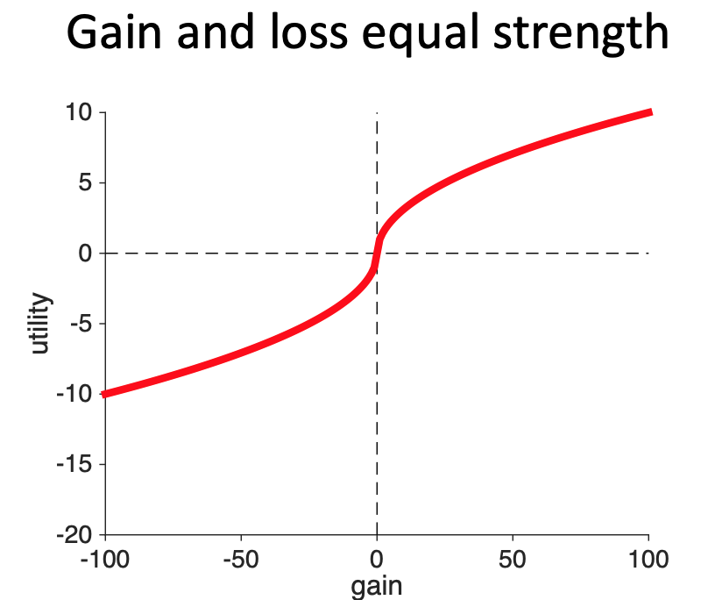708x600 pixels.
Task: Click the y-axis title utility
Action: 39,324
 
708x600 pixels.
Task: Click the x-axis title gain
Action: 377,585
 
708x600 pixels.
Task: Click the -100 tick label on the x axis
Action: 105,557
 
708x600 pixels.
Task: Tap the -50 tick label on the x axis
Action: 240,557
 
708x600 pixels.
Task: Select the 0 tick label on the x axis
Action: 377,557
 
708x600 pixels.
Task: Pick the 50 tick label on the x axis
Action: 513,557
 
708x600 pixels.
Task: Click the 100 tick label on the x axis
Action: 648,557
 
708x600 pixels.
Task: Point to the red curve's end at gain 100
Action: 649,112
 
